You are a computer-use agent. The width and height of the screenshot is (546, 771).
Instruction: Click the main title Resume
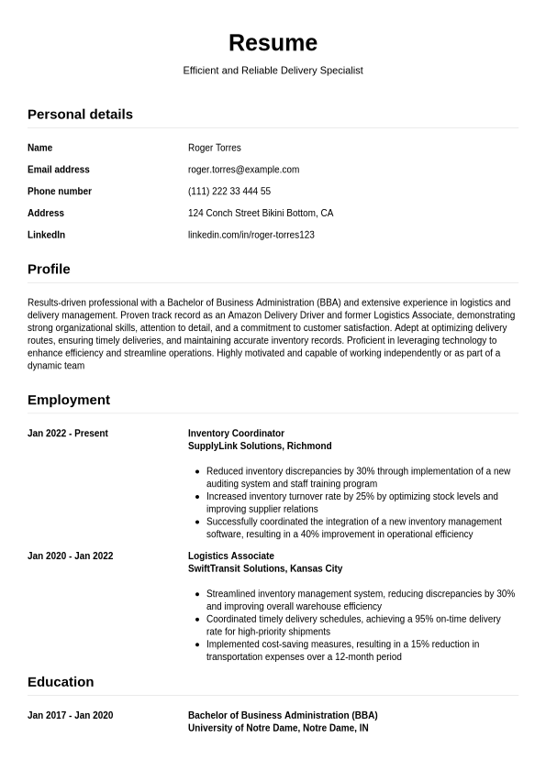click(x=273, y=43)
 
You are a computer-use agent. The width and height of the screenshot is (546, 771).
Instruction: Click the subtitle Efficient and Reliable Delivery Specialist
click(x=273, y=71)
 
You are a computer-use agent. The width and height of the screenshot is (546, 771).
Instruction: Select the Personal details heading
click(x=80, y=115)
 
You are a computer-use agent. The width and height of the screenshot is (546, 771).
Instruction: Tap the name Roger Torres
click(x=214, y=148)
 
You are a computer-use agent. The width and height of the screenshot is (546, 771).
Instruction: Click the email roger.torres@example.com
click(x=243, y=170)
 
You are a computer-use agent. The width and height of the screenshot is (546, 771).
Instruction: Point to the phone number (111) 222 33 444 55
click(x=228, y=192)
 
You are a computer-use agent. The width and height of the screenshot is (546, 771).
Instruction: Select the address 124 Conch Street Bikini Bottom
click(x=260, y=214)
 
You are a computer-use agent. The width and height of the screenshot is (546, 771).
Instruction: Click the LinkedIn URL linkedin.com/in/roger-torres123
click(x=251, y=236)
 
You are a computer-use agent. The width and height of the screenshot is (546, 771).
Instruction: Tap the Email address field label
click(x=58, y=170)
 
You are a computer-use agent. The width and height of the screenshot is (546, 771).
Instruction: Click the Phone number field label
click(x=59, y=192)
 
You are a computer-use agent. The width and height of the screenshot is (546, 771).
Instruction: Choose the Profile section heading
click(x=49, y=270)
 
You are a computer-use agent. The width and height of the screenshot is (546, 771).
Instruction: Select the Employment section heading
click(x=68, y=401)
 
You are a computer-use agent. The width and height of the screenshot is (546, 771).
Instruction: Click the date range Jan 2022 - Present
click(x=67, y=434)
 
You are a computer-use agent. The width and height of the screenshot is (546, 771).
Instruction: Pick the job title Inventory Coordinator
click(x=236, y=434)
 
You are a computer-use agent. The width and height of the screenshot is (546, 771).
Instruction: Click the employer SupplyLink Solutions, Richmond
click(x=260, y=446)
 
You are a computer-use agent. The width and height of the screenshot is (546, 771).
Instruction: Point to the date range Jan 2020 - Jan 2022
click(x=70, y=556)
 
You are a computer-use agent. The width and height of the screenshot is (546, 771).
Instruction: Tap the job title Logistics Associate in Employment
click(x=230, y=556)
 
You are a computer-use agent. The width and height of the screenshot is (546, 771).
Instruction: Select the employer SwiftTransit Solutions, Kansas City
click(x=264, y=569)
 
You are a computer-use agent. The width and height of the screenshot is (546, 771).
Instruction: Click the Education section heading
click(x=61, y=682)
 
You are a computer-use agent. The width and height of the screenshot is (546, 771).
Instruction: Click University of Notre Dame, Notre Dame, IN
click(x=278, y=728)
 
